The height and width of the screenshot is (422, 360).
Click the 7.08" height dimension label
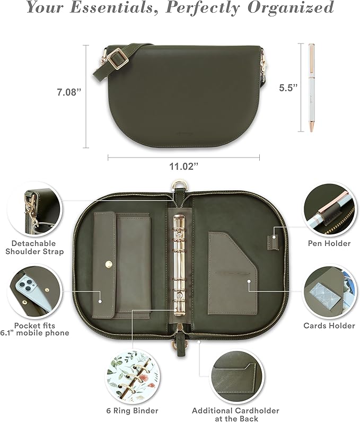pyautogui.click(x=69, y=92)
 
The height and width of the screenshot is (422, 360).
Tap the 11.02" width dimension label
pyautogui.click(x=183, y=166)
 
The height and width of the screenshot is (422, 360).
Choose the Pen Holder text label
pyautogui.click(x=329, y=243)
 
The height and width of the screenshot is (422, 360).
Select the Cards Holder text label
pyautogui.click(x=329, y=326)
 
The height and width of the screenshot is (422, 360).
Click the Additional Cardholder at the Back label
pyautogui.click(x=233, y=414)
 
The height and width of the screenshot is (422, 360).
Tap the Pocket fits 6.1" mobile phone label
pyautogui.click(x=34, y=329)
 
